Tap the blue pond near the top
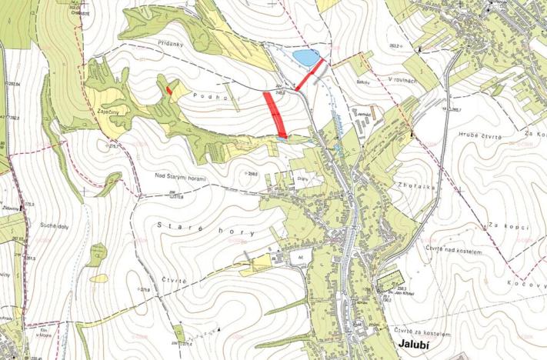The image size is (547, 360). tap(304, 56)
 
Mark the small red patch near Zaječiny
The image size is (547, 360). tap(168, 89)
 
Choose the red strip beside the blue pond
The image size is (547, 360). tap(310, 75)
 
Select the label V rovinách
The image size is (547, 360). tap(402, 79)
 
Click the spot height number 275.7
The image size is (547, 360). tap(116, 144)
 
